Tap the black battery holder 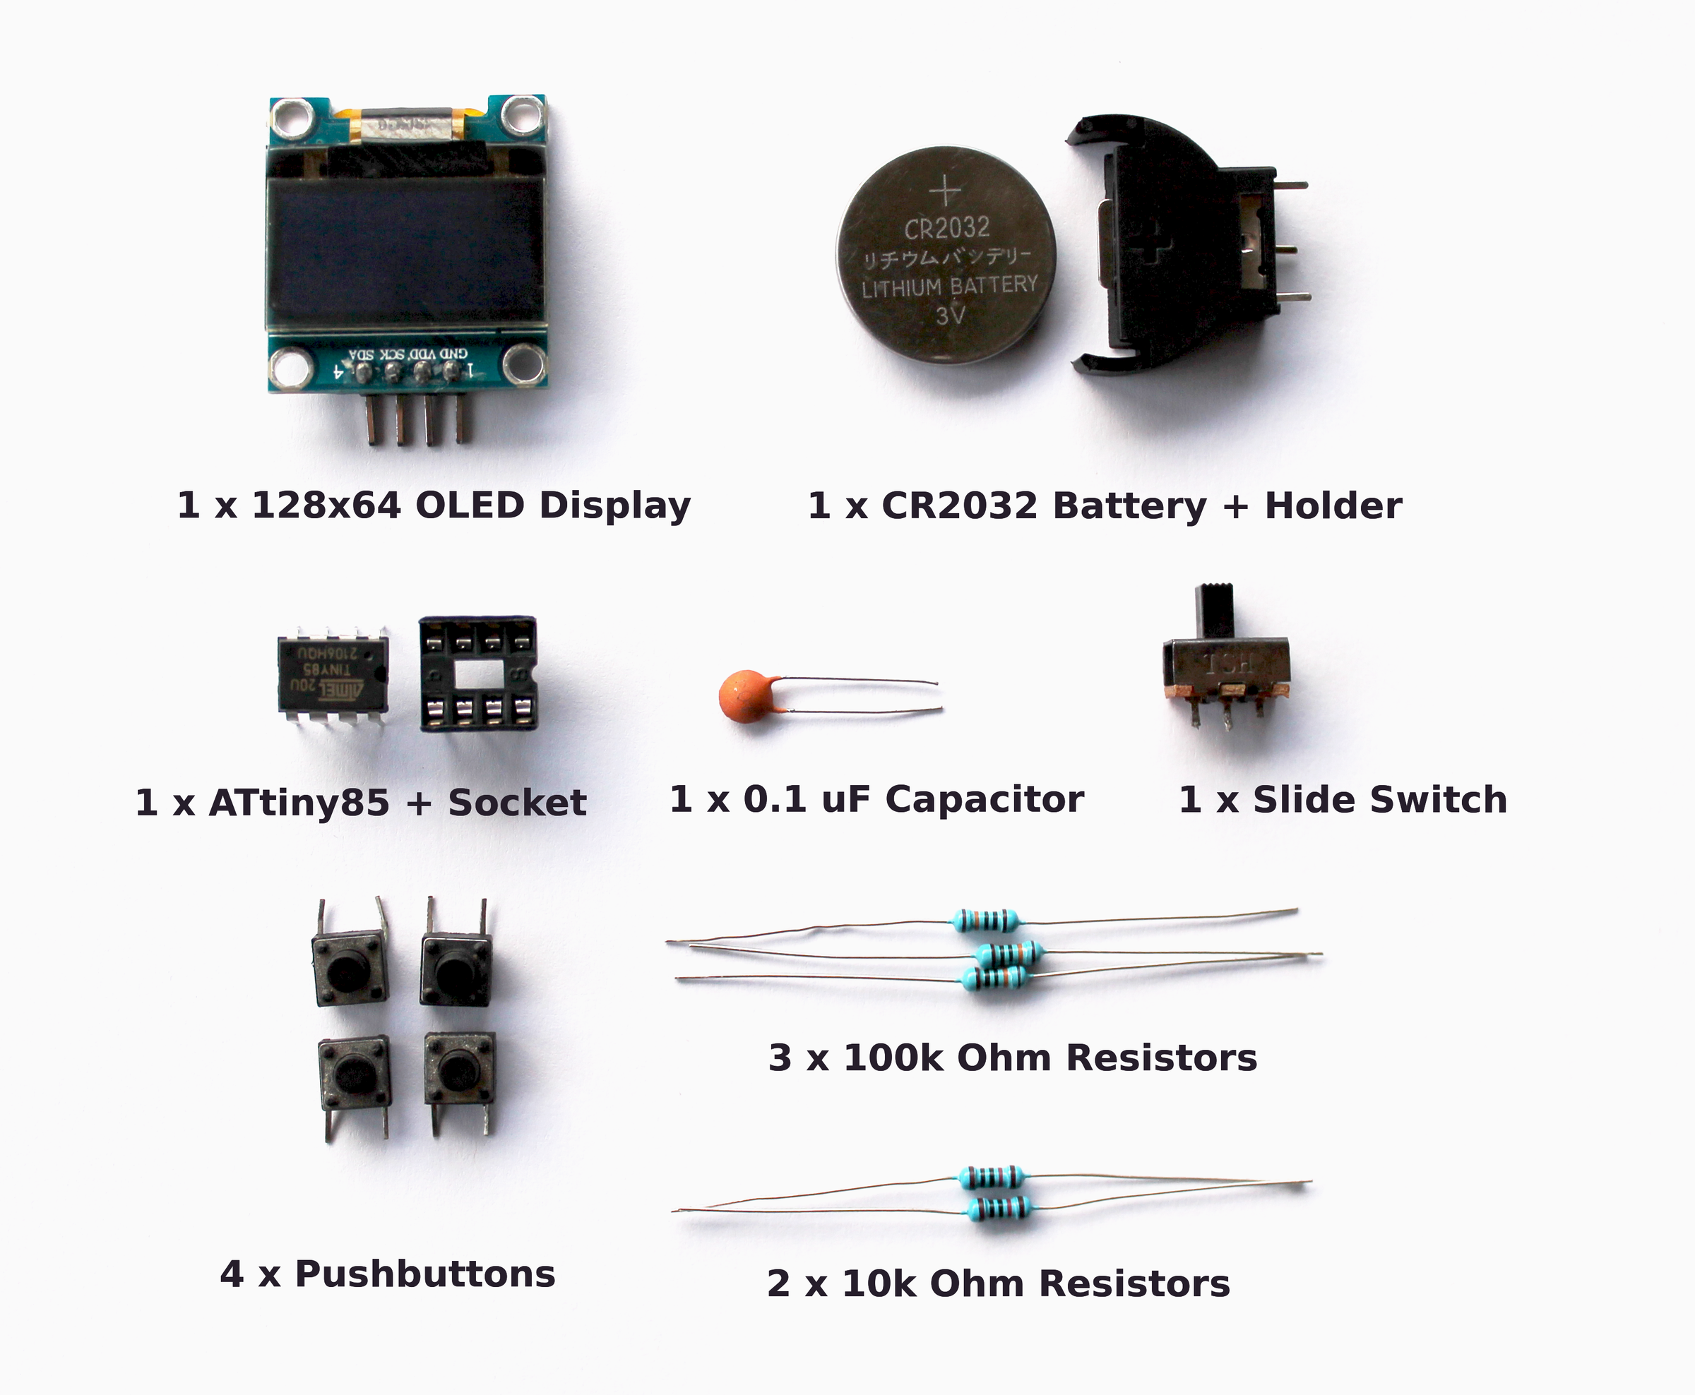[1165, 241]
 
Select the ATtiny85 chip [333, 673]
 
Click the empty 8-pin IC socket [477, 673]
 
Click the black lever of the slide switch [1214, 611]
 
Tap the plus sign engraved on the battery [945, 191]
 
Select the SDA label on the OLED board [362, 354]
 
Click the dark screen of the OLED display [406, 251]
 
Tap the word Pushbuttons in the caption [425, 1274]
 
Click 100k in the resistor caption [893, 1058]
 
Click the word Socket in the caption [517, 803]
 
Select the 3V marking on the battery [949, 314]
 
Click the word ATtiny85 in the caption [298, 803]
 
